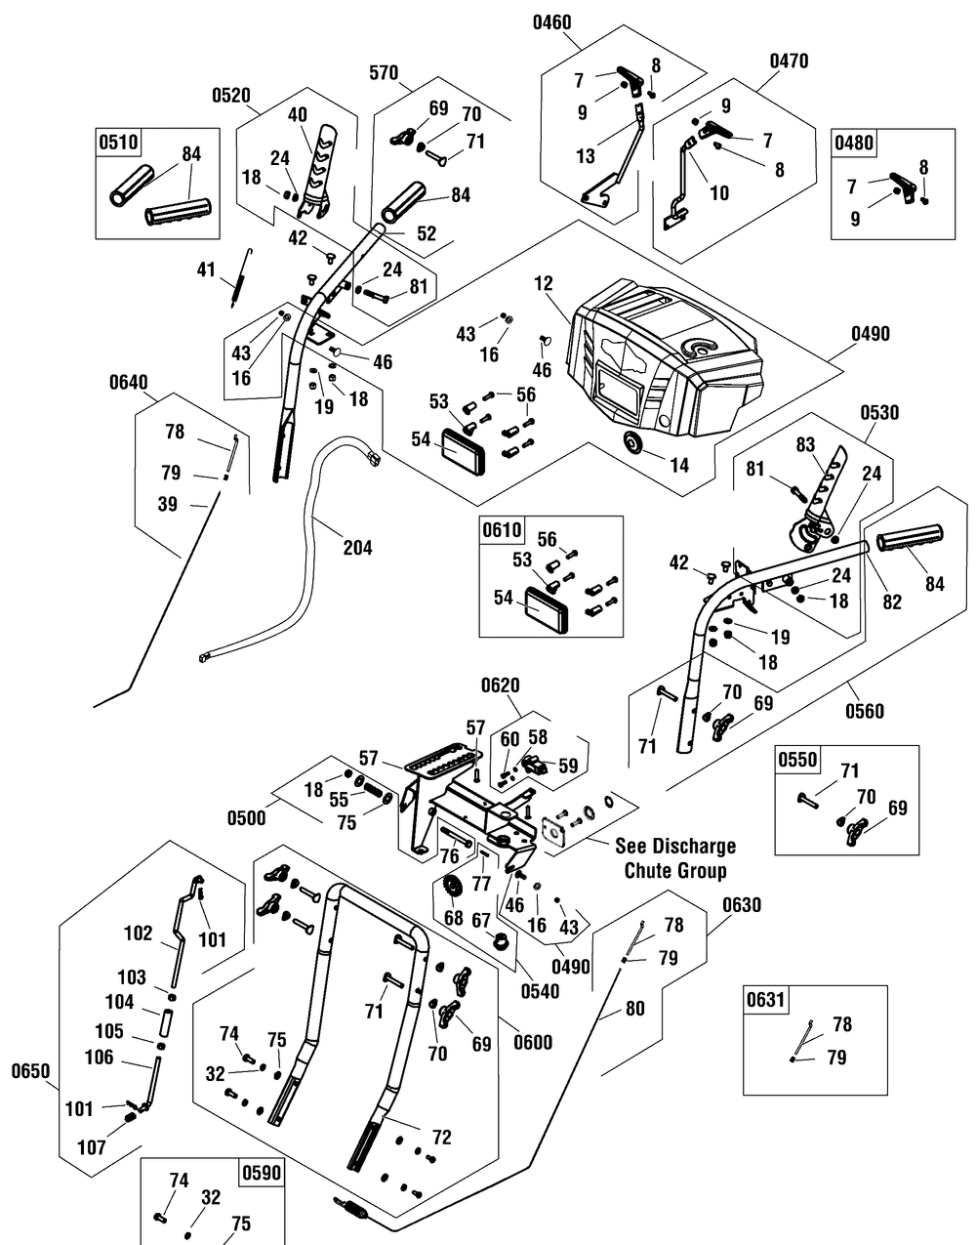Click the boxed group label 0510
(118, 143)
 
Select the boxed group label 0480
(854, 143)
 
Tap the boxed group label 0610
(502, 531)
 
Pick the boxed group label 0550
(797, 760)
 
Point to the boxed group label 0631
(766, 999)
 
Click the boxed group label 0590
(261, 1173)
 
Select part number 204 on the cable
(357, 548)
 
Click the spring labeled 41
(236, 285)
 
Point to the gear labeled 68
(451, 891)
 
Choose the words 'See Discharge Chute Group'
(675, 857)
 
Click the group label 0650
(31, 1070)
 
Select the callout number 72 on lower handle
(442, 1139)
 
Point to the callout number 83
(805, 443)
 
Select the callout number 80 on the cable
(634, 1010)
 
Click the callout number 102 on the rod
(140, 933)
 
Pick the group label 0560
(865, 711)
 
